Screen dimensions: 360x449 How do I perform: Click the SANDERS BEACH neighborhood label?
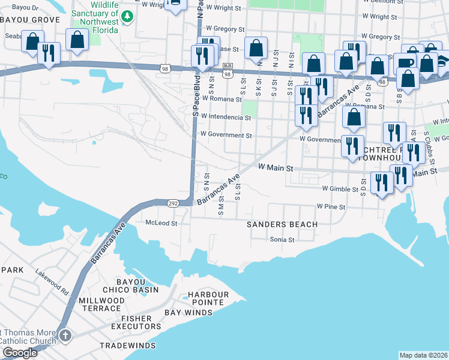coord(282,224)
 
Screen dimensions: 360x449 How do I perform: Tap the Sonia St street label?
coord(282,239)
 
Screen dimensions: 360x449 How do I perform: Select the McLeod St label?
coord(161,223)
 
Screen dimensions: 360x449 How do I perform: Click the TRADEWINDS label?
coord(127,346)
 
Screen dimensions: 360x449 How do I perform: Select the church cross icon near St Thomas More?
coord(65,335)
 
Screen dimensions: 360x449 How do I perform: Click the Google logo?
coord(20,353)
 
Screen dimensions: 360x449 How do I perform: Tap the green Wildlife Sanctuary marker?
coord(127,16)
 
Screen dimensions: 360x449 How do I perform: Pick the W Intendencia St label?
coord(226,117)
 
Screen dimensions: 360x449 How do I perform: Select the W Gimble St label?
coord(343,188)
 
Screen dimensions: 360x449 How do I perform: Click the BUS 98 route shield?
coord(228,70)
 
